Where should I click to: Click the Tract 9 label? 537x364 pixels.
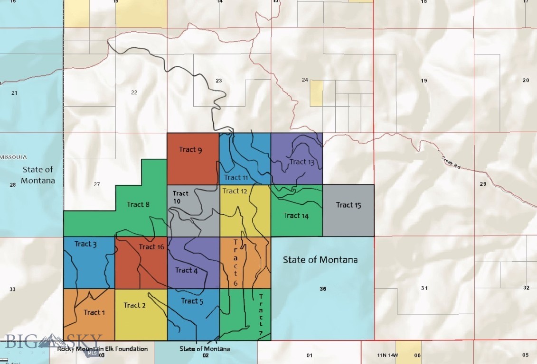[190, 150]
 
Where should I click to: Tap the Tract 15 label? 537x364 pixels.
[349, 205]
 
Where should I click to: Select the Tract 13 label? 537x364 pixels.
[302, 162]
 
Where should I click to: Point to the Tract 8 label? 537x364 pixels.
[138, 205]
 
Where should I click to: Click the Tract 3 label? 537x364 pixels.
[85, 244]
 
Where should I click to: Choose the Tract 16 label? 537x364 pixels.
[151, 246]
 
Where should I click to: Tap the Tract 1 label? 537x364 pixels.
[94, 312]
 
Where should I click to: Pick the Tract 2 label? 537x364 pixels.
[134, 305]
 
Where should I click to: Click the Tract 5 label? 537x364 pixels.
[192, 301]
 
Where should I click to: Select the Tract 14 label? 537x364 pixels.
[296, 216]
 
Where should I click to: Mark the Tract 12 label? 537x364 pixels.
[235, 191]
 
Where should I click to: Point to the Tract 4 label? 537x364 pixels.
[186, 270]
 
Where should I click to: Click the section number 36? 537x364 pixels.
[323, 289]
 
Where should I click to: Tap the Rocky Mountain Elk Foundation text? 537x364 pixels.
[103, 349]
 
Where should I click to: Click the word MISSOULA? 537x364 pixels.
[14, 157]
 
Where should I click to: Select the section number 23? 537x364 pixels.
[219, 81]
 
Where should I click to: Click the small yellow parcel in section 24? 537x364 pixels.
[316, 93]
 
